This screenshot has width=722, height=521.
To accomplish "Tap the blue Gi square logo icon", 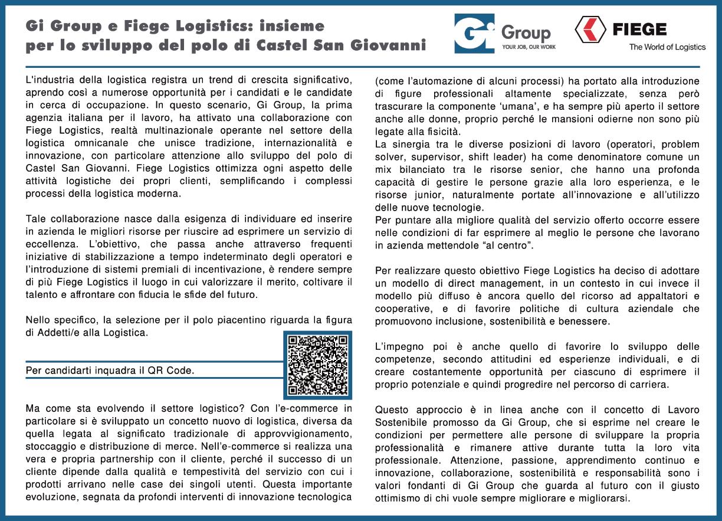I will click(x=474, y=34).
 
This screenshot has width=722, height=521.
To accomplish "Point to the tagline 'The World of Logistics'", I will click(x=667, y=47).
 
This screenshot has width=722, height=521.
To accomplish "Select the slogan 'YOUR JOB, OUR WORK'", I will click(x=528, y=47).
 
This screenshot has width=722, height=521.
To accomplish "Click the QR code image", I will click(x=317, y=365).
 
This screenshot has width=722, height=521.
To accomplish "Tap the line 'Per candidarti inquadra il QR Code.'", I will click(x=110, y=371).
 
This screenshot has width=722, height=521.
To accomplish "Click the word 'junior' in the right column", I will click(x=428, y=195).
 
